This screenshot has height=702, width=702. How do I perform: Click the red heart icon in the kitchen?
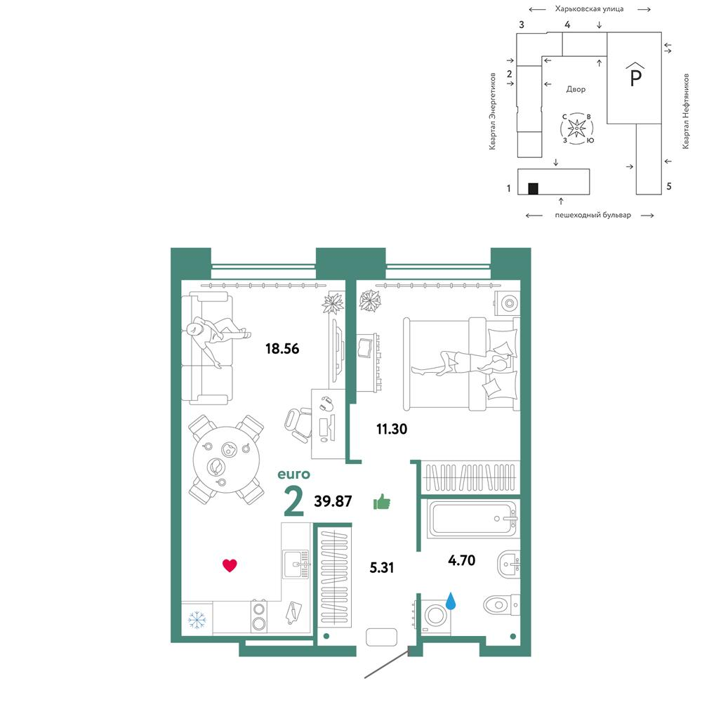[x=230, y=565]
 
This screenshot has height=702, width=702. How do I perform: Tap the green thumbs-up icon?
[x=382, y=502]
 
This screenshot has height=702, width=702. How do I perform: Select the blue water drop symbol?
[x=451, y=601]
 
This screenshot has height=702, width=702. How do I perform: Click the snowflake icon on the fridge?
[x=197, y=620]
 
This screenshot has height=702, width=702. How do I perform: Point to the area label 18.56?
[x=282, y=348]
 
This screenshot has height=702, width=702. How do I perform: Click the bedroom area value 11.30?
[x=392, y=429]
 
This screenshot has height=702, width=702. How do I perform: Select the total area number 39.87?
[x=333, y=501]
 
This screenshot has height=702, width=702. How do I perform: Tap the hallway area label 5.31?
[x=382, y=568]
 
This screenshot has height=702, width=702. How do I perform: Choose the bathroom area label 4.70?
[x=462, y=560]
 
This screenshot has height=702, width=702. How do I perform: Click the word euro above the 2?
[x=293, y=474]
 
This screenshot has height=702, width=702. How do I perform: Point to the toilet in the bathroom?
[x=501, y=605]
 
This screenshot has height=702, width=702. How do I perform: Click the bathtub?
[x=472, y=519]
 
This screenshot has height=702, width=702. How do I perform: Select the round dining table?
[x=227, y=459]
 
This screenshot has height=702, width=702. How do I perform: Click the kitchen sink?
[x=296, y=564]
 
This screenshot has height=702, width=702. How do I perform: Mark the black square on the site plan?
[x=533, y=188]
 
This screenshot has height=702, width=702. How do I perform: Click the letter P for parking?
[x=635, y=75]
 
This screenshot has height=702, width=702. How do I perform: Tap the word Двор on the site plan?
[x=576, y=89]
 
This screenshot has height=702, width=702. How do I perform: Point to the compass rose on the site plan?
[x=577, y=128]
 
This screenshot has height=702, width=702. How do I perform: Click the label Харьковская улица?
[x=589, y=8]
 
